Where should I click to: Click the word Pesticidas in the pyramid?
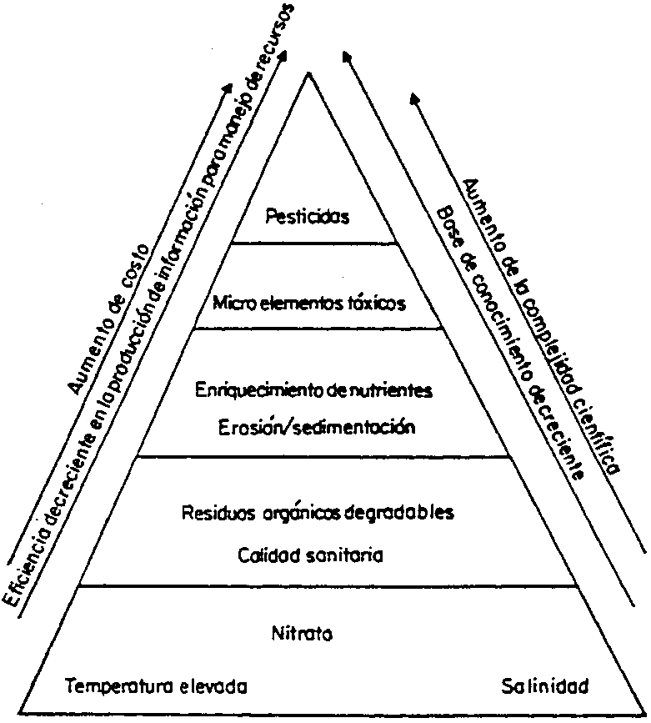click(x=306, y=218)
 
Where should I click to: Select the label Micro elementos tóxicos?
click(x=308, y=304)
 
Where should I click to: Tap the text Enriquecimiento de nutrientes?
click(x=314, y=390)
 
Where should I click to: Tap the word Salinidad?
click(x=546, y=687)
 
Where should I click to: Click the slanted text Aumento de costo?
click(x=109, y=318)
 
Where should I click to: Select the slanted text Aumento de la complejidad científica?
click(x=542, y=325)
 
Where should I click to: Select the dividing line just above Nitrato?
click(x=325, y=585)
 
